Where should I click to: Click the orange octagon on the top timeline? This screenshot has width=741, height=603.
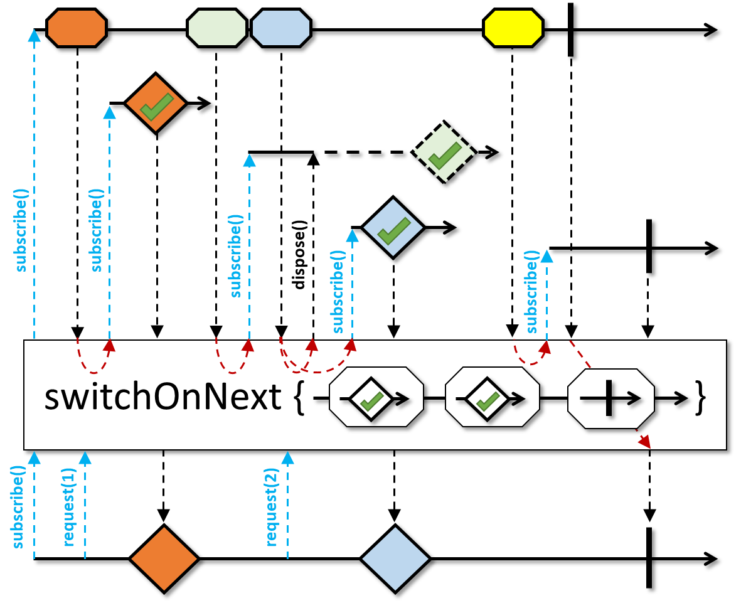(77, 28)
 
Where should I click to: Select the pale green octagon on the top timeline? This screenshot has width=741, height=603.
(217, 28)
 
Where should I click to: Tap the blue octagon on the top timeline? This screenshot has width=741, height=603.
(281, 28)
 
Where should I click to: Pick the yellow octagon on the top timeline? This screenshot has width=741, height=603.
(513, 28)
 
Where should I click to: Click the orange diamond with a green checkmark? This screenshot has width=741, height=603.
(156, 104)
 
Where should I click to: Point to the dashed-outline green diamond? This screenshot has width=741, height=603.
(444, 152)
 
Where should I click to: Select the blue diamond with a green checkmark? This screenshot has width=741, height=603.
(393, 228)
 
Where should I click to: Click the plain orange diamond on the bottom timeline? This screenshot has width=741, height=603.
(164, 558)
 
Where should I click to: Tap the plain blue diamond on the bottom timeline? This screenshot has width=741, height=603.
(395, 558)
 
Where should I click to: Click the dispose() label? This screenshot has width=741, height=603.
(299, 255)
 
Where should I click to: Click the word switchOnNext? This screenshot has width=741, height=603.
(163, 398)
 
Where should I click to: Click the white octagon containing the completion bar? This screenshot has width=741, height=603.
(610, 398)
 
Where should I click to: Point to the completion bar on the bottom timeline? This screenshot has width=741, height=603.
(649, 558)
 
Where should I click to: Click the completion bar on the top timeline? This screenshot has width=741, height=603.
(570, 29)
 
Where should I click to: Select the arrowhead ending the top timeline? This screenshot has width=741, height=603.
(711, 29)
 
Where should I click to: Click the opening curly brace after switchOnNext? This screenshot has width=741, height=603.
(299, 399)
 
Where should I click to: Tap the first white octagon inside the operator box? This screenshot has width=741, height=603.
(376, 398)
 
